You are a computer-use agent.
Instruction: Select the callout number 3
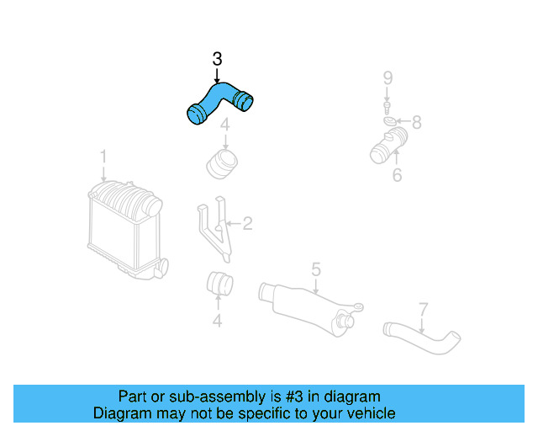coord(217,59)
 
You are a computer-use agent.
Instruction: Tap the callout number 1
coord(103,157)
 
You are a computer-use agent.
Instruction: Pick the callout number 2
coord(247,224)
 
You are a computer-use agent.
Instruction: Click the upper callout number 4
coord(224,126)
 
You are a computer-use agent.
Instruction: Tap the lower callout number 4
coord(217,320)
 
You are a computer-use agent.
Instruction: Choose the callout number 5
coord(315,269)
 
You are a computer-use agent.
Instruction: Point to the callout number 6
coord(397,175)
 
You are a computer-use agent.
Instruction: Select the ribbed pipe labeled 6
coord(388,146)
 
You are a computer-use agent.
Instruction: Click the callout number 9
coord(388,78)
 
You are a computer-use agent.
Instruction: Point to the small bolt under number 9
coord(388,107)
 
